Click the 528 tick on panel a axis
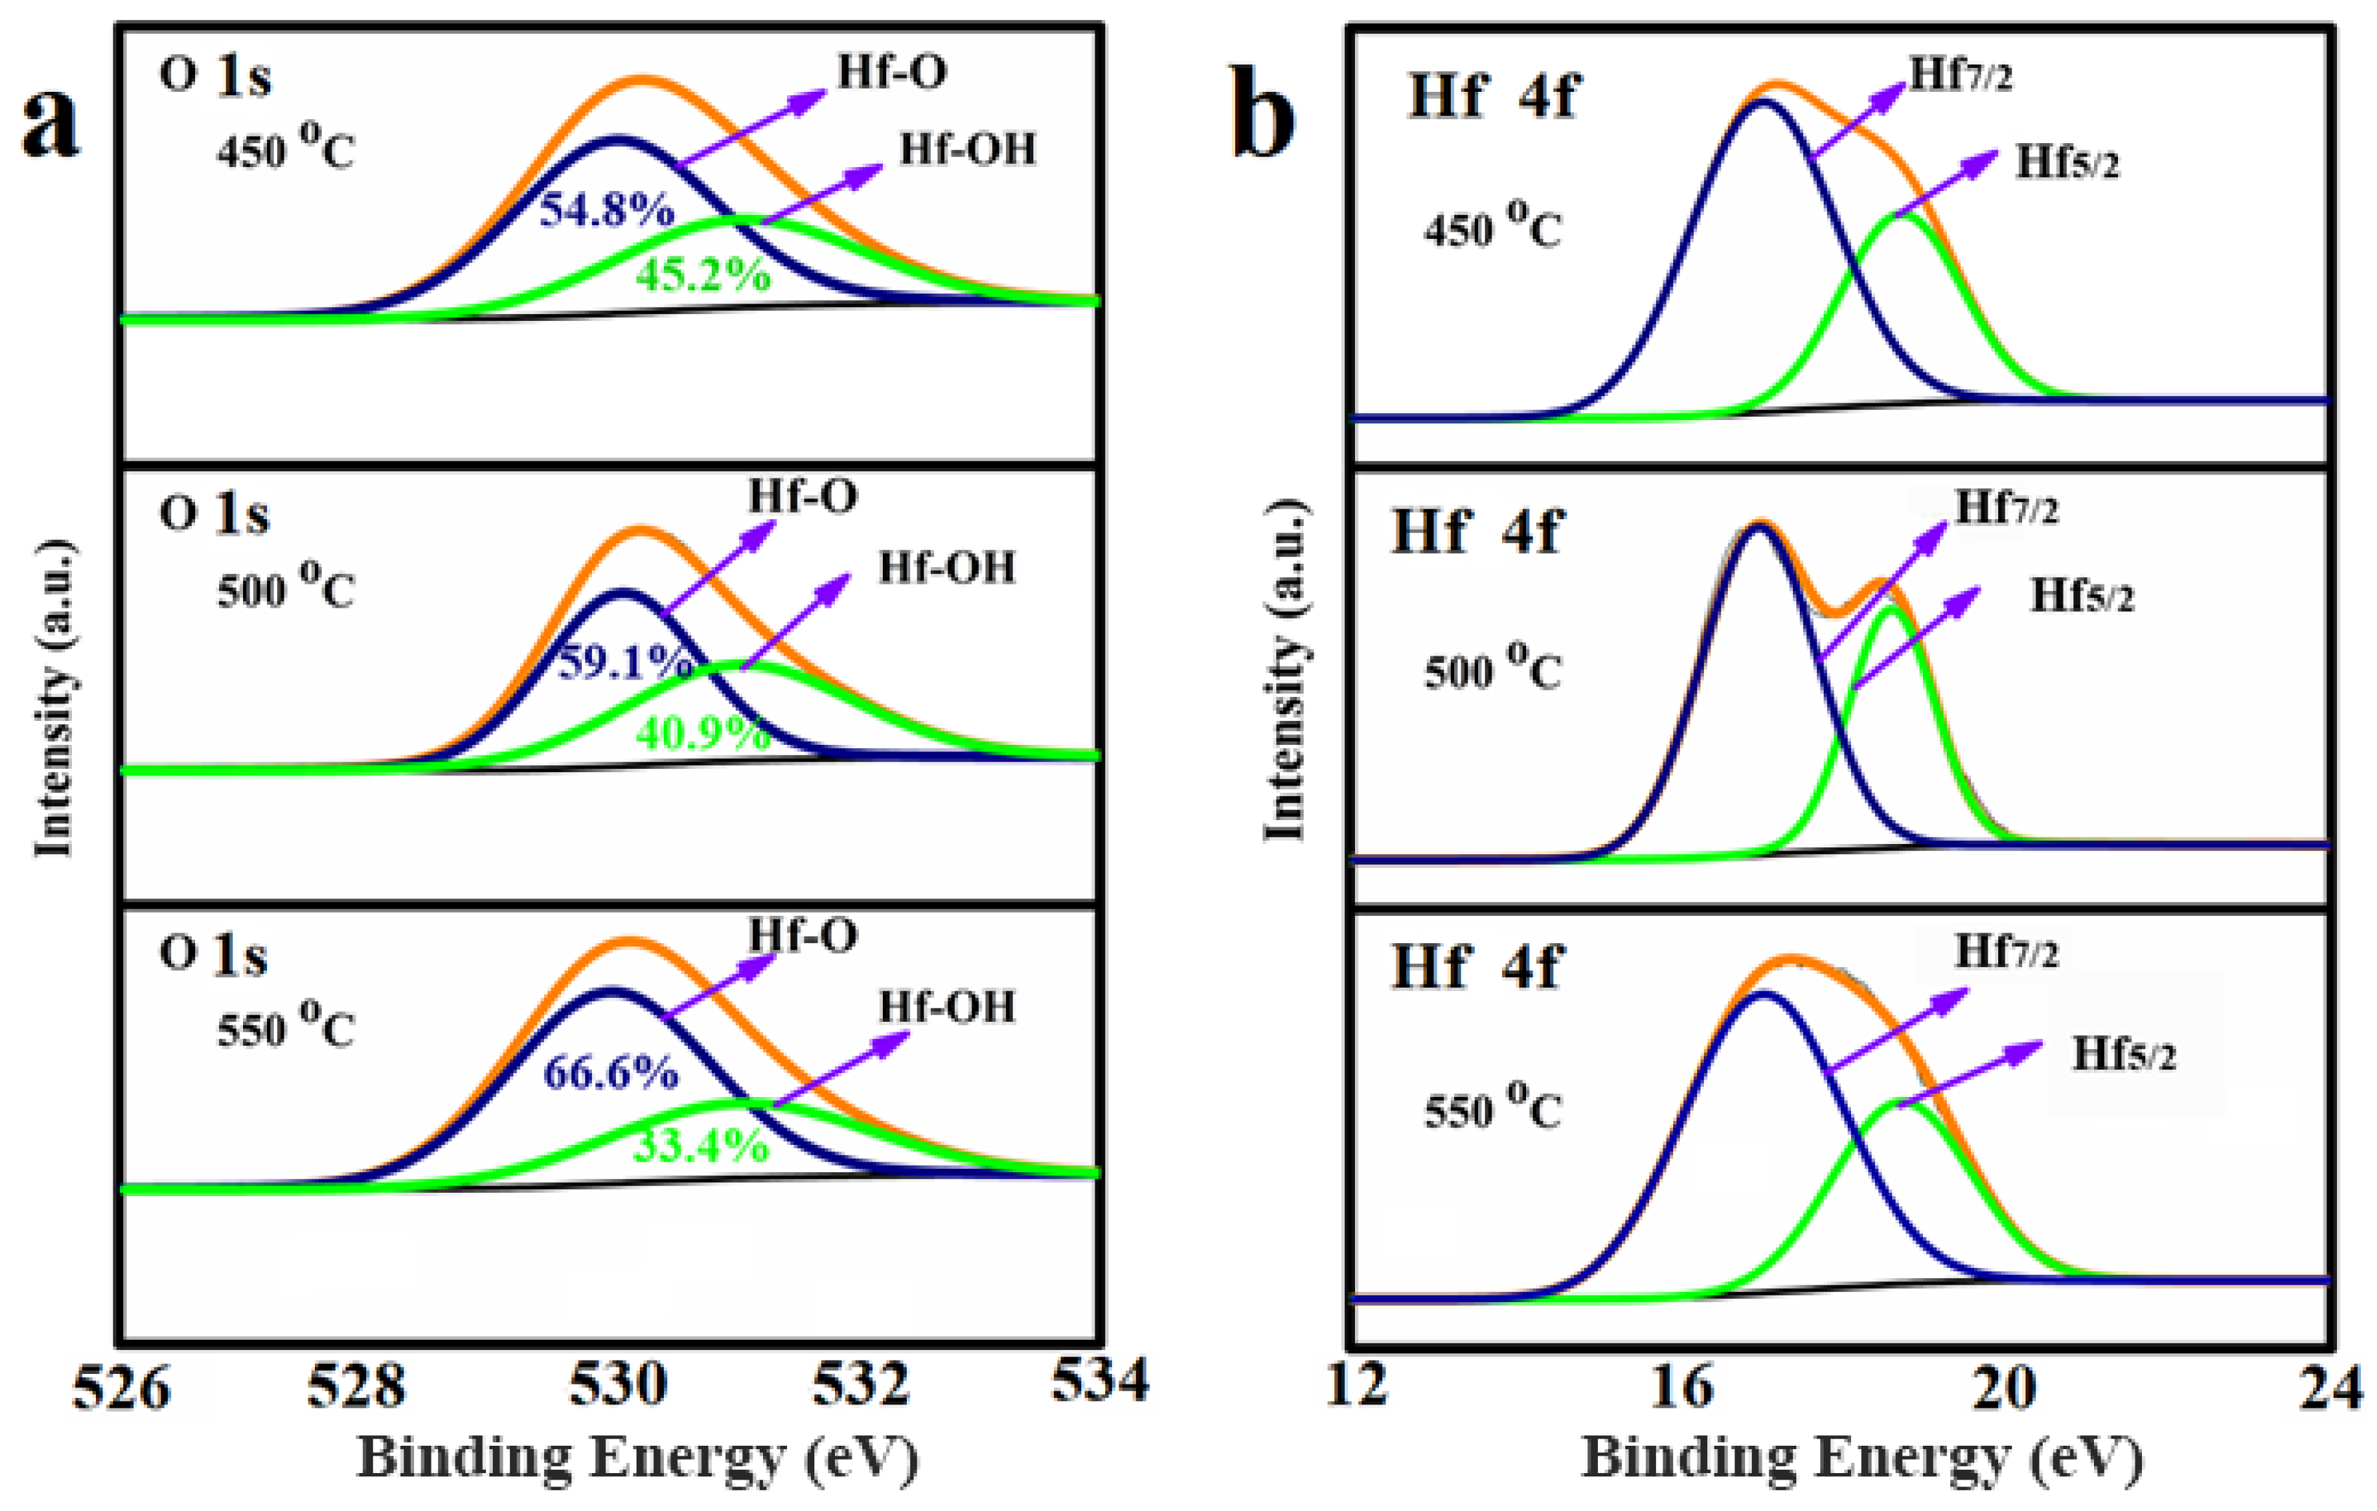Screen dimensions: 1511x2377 [x=356, y=1385]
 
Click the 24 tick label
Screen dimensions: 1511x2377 [x=2334, y=1385]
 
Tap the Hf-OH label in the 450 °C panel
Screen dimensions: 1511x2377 [x=967, y=149]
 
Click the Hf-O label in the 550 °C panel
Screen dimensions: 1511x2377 [x=802, y=935]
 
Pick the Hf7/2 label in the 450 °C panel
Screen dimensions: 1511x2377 [x=1960, y=75]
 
